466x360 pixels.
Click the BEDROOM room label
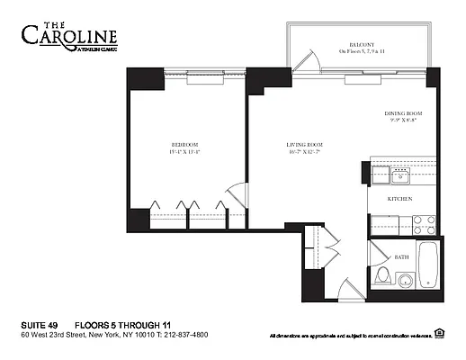[x=185, y=144]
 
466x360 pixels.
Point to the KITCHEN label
[x=400, y=198]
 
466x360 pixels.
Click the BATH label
[x=401, y=256]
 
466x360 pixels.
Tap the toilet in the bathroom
[x=382, y=274]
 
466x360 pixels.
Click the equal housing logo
[x=439, y=334]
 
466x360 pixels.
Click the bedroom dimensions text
[x=185, y=152]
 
